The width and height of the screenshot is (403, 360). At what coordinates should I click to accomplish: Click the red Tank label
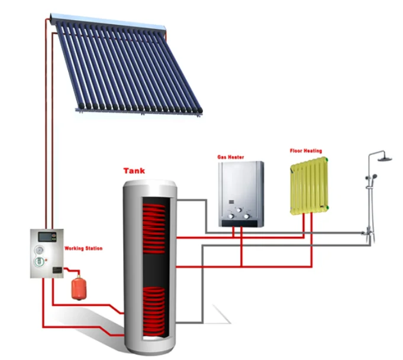(134, 171)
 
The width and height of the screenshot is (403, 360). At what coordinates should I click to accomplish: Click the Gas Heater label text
(230, 158)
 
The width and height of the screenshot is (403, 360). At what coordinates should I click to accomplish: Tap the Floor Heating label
(305, 151)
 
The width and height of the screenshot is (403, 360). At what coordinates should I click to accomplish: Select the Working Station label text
(82, 249)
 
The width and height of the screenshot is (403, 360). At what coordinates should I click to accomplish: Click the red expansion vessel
(78, 288)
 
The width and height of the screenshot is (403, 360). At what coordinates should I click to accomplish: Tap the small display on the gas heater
(230, 209)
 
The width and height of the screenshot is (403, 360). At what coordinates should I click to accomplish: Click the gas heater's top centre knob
(240, 216)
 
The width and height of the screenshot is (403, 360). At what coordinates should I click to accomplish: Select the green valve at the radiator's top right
(324, 160)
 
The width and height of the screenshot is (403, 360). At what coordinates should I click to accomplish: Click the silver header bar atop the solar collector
(107, 22)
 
